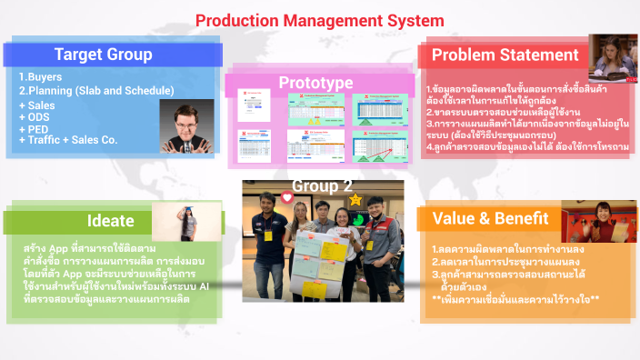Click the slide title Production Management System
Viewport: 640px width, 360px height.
[x=320, y=19]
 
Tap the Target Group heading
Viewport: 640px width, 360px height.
[x=102, y=54]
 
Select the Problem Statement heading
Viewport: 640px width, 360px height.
[x=505, y=55]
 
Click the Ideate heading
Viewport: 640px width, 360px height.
[x=109, y=221]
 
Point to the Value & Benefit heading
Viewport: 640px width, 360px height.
[x=502, y=218]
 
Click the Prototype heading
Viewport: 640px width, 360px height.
[x=315, y=83]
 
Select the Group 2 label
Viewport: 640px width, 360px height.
[x=321, y=187]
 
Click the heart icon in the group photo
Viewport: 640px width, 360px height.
[x=287, y=197]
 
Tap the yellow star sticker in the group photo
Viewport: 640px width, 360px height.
[x=355, y=198]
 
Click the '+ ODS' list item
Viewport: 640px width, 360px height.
[x=36, y=117]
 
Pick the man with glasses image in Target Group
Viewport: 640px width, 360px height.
[x=185, y=124]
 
